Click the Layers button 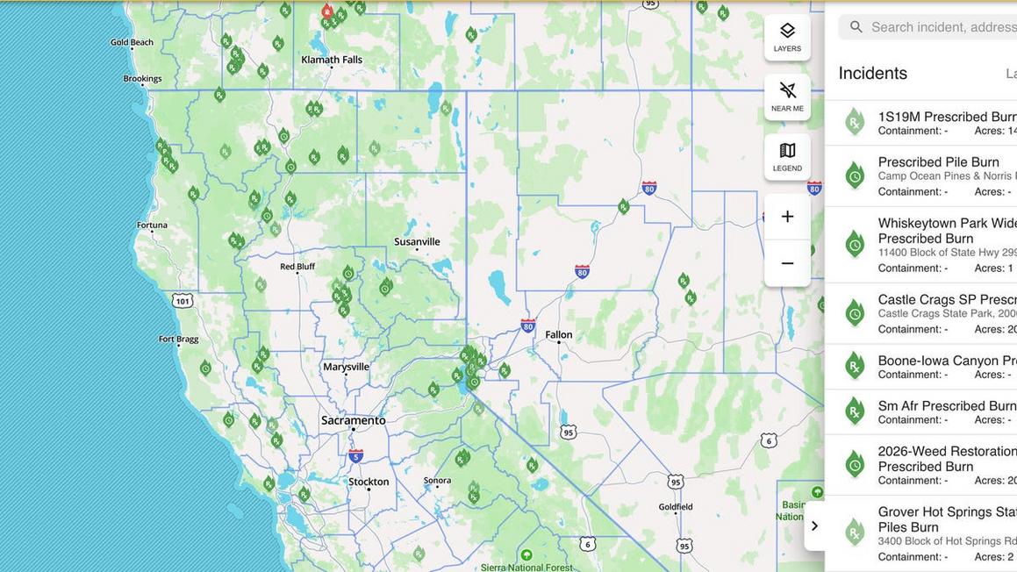787,37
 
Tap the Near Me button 787,97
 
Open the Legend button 787,156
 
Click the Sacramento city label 353,421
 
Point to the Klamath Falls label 332,60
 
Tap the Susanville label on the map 417,242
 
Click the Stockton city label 369,482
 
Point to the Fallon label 558,334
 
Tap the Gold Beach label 132,42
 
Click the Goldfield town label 676,506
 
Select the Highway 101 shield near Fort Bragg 182,301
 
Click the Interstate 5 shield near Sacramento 355,455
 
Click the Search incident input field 939,27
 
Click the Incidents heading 872,74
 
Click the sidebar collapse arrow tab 814,526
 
